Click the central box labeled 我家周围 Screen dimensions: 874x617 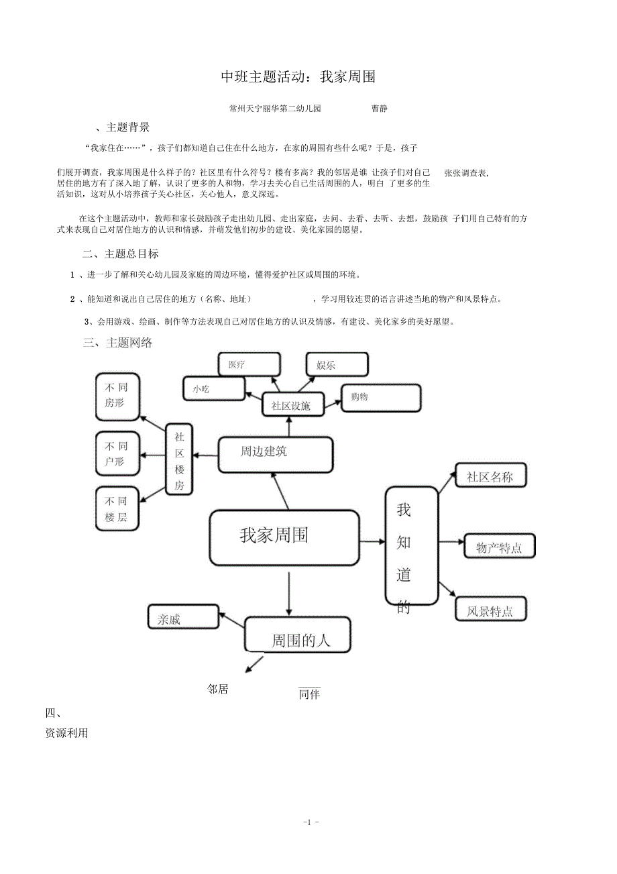(x=284, y=537)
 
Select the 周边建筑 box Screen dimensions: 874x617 (x=275, y=454)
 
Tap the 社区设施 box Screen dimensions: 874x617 (x=292, y=405)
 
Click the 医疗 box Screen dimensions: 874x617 (x=249, y=365)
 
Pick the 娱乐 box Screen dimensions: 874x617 (x=337, y=365)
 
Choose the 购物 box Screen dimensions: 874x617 (x=380, y=398)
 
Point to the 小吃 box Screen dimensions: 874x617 (x=214, y=388)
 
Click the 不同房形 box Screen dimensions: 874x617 (x=117, y=395)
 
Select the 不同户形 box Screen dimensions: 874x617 (x=117, y=454)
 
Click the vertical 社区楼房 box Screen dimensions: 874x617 (x=179, y=461)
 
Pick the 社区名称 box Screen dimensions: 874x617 (x=491, y=476)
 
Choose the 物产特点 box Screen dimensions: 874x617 (x=499, y=547)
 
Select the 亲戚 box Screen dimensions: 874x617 (x=183, y=617)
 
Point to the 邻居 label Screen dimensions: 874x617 (x=218, y=689)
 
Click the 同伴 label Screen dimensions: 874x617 (x=309, y=694)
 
